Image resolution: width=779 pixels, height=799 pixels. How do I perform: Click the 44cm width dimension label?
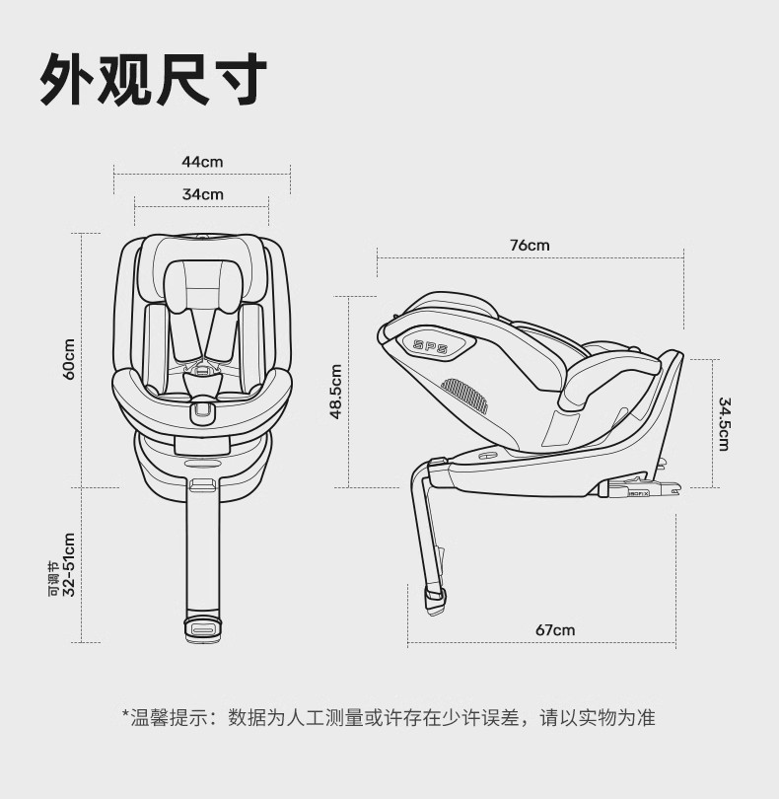pos(202,162)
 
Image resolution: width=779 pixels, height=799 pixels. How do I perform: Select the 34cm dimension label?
pos(202,194)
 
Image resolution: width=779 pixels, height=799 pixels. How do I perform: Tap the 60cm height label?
pos(69,359)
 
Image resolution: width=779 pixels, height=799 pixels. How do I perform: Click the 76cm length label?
pos(530,246)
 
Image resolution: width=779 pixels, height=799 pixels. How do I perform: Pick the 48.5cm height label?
pos(336,392)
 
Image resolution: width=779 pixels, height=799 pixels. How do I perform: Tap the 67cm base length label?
pos(555,630)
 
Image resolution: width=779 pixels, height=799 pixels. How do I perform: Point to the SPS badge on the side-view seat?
pos(431,346)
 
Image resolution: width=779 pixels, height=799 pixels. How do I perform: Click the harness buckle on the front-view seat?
pos(202,406)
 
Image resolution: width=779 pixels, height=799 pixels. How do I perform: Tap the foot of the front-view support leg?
pos(202,628)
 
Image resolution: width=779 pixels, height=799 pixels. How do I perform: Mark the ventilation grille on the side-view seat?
pos(465,394)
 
